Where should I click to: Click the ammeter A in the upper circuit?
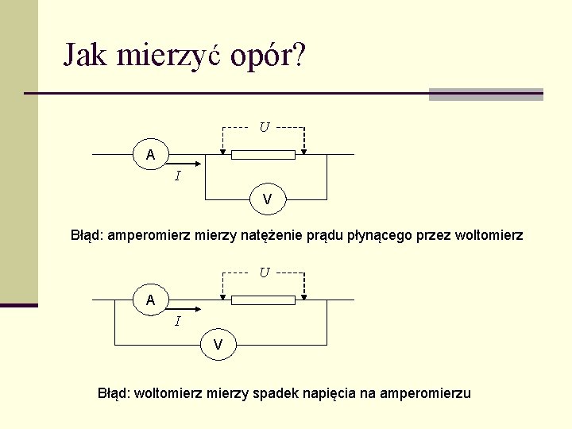click(x=151, y=154)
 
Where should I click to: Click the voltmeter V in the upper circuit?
click(x=268, y=199)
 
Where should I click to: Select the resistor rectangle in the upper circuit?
click(x=263, y=154)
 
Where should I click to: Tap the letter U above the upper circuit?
click(x=264, y=126)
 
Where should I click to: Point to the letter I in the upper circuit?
click(x=177, y=176)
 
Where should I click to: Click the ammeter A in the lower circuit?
click(x=151, y=300)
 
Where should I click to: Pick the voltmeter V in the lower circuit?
click(x=218, y=344)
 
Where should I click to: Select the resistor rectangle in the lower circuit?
click(x=263, y=300)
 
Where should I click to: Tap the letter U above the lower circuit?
click(x=264, y=272)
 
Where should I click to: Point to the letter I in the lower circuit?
click(x=177, y=321)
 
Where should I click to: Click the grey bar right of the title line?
click(x=485, y=95)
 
